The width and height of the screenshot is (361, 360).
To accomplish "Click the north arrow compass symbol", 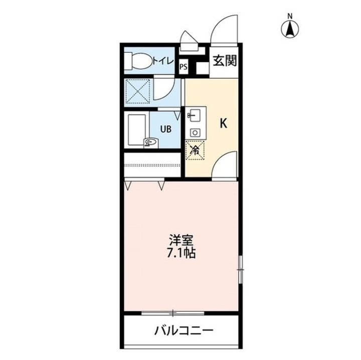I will click(290, 28).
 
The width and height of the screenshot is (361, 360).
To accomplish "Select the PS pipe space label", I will click(183, 66).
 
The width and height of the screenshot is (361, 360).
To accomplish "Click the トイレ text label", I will click(163, 61).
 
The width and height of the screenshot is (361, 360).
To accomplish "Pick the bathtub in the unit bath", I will click(136, 130).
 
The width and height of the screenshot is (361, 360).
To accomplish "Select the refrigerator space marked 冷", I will click(195, 149).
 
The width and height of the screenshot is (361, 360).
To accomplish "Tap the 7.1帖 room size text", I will click(181, 253).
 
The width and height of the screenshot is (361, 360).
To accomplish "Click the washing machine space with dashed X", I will click(137, 90).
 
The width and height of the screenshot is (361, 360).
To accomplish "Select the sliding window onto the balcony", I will click(173, 313).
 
